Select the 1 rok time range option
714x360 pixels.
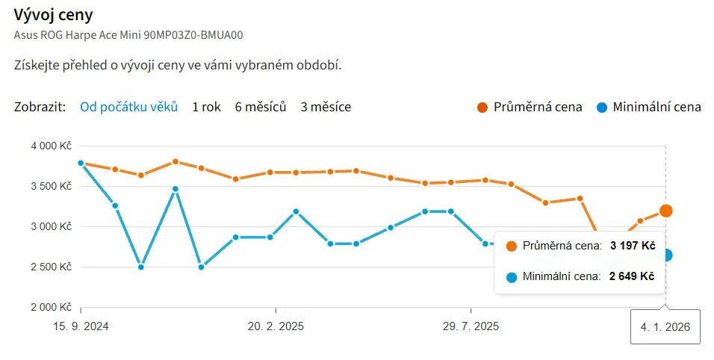click(206, 107)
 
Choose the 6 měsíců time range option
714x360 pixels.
click(261, 107)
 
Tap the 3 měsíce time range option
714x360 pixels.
click(326, 107)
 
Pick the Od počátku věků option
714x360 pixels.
click(128, 107)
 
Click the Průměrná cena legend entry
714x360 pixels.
click(530, 107)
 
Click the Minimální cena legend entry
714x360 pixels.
click(649, 107)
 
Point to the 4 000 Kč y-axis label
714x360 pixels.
click(51, 146)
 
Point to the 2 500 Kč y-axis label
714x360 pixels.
click(51, 267)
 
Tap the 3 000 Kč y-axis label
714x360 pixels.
click(51, 226)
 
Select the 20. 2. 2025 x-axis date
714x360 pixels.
click(276, 326)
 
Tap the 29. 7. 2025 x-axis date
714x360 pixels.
click(471, 326)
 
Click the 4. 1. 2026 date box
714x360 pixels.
click(665, 326)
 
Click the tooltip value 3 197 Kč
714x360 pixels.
click(632, 245)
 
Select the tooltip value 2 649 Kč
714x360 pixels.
click(632, 276)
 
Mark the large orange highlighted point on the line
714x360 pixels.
click(665, 211)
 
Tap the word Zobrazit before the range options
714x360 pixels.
click(39, 107)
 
